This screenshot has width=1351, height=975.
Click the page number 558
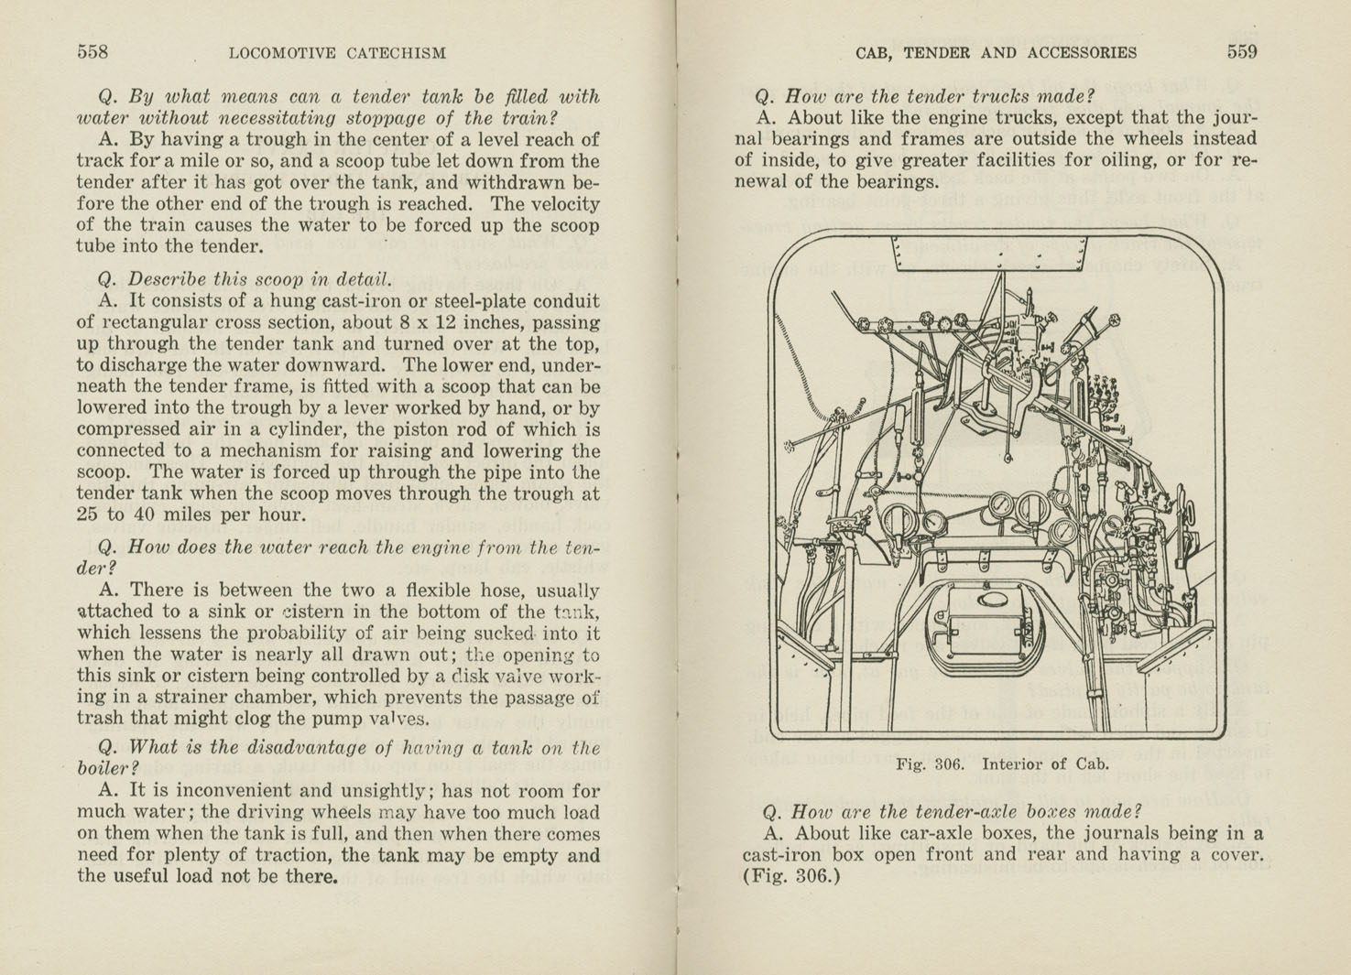[93, 52]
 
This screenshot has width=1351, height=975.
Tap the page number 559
[1242, 52]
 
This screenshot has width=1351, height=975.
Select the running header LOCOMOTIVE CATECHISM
[337, 53]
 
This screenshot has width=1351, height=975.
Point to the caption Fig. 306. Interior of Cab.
[1002, 764]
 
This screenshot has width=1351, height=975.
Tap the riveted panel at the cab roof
[989, 254]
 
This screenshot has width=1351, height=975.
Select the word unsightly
[376, 791]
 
